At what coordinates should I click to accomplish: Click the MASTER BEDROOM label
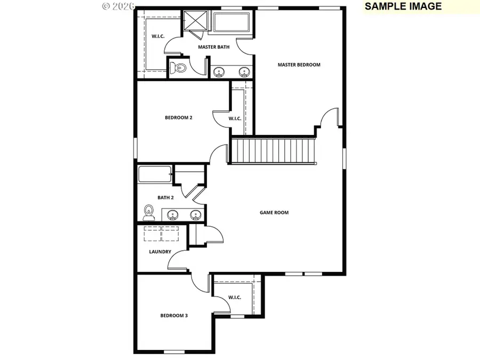click(x=299, y=65)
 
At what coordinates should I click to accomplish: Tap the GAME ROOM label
click(x=274, y=212)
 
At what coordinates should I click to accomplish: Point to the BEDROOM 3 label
click(x=174, y=316)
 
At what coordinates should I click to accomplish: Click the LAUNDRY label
click(x=160, y=252)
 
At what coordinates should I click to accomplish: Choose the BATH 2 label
click(x=165, y=197)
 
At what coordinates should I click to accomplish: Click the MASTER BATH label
click(x=214, y=47)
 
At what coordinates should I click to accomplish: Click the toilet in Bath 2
click(x=149, y=213)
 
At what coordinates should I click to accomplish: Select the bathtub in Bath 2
click(x=155, y=174)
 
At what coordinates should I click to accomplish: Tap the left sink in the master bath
click(x=219, y=72)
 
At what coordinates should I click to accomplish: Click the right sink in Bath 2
click(x=196, y=215)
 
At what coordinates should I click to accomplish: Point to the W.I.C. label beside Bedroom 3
click(x=235, y=297)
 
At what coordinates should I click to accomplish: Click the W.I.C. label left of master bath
click(x=157, y=36)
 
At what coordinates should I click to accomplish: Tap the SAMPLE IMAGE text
click(x=403, y=6)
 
